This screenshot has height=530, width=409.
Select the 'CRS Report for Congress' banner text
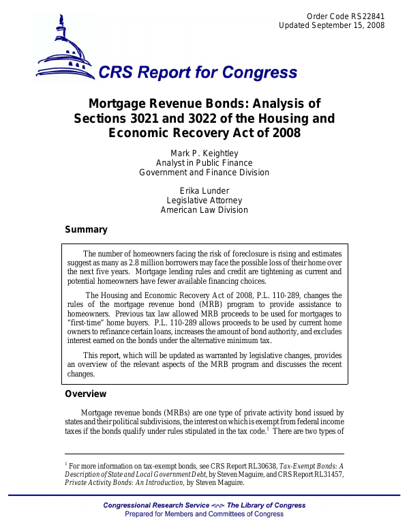click(x=198, y=73)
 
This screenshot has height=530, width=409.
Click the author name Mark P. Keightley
click(x=204, y=153)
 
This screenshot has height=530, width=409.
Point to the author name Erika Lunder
click(x=204, y=190)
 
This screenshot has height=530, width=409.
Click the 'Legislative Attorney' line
click(x=204, y=200)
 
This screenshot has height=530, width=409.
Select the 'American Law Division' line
click(x=204, y=210)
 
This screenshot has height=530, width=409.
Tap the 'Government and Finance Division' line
click(x=204, y=173)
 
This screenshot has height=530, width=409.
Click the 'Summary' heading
click(x=86, y=230)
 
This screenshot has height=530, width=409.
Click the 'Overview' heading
click(x=86, y=394)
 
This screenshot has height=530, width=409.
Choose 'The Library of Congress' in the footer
click(x=266, y=505)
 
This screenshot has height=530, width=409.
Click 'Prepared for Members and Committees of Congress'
click(x=204, y=514)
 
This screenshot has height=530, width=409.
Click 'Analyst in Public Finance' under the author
click(x=204, y=163)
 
